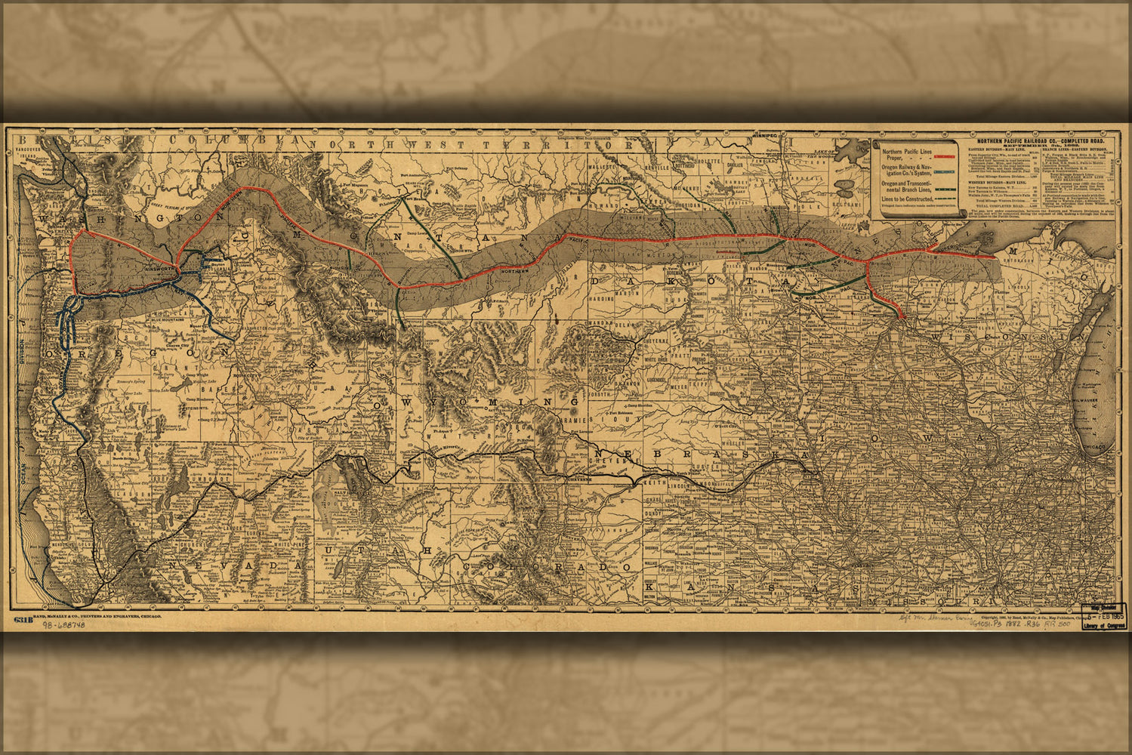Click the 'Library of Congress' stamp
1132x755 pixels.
pos(1103,625)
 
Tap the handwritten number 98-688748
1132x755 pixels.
pos(63,626)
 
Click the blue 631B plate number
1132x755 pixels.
pos(22,619)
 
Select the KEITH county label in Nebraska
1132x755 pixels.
pos(656,480)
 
